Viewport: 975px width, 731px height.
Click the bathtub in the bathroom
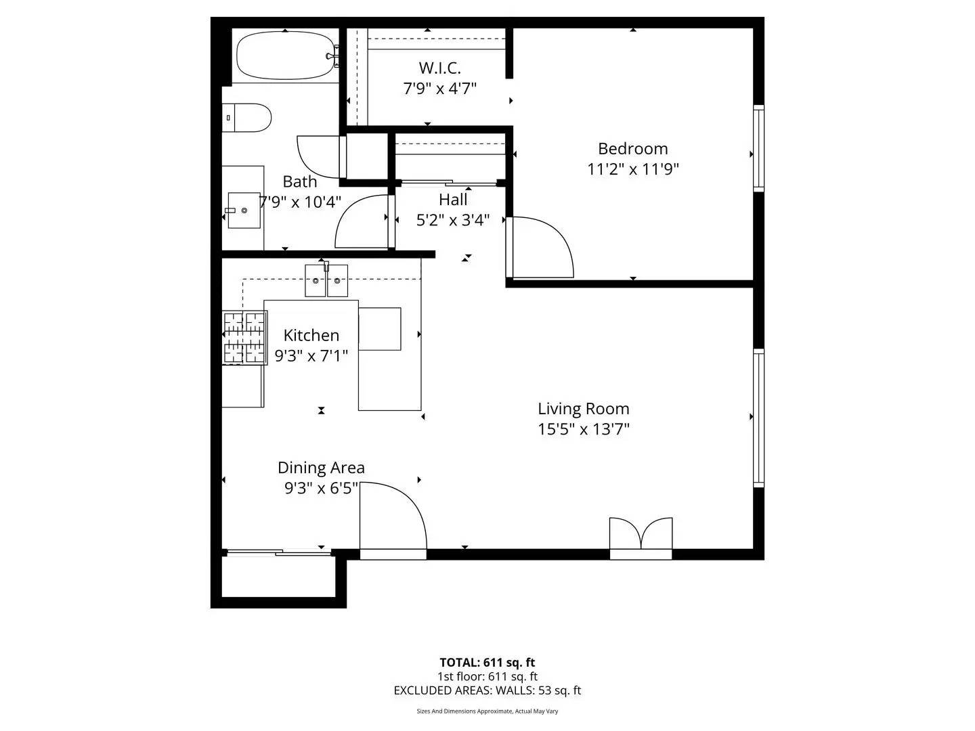pos(284,56)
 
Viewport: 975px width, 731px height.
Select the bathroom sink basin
pos(244,211)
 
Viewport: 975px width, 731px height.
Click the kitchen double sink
pos(326,280)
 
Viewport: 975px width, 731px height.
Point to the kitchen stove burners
pos(244,337)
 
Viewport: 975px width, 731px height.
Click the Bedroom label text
pos(632,149)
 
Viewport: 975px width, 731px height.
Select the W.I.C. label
pos(439,68)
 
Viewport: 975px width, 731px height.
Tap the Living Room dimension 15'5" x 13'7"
pos(583,429)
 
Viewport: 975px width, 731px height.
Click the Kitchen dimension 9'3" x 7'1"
pos(311,355)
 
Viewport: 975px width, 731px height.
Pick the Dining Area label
pos(321,468)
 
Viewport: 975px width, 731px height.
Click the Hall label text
pos(453,200)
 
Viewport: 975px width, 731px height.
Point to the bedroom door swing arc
pos(548,244)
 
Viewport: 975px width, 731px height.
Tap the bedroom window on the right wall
pos(758,148)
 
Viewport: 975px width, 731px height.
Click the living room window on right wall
pos(758,418)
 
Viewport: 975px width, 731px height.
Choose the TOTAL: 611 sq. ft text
pos(487,663)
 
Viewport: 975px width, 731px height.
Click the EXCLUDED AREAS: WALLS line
pos(487,690)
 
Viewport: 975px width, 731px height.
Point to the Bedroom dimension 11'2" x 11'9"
pos(632,169)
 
